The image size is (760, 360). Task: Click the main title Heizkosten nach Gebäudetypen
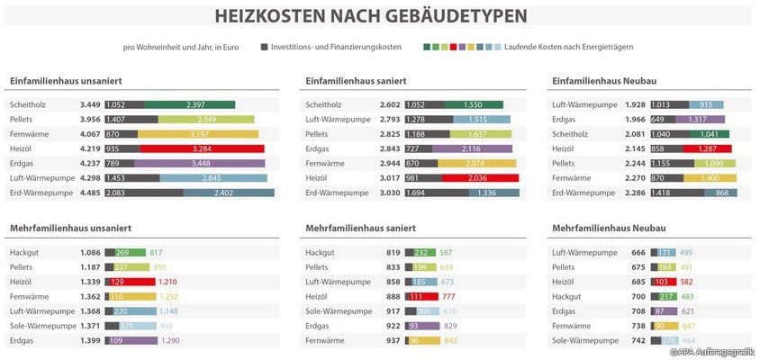click(x=371, y=16)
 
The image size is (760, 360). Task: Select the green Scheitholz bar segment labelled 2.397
click(x=189, y=105)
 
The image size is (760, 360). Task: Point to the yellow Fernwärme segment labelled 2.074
click(x=477, y=163)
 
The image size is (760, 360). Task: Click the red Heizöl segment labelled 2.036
click(x=477, y=178)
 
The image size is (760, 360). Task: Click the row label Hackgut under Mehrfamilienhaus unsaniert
click(x=26, y=253)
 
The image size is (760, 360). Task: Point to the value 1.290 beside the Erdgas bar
click(x=169, y=340)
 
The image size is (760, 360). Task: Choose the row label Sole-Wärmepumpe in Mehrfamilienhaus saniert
click(x=339, y=311)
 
